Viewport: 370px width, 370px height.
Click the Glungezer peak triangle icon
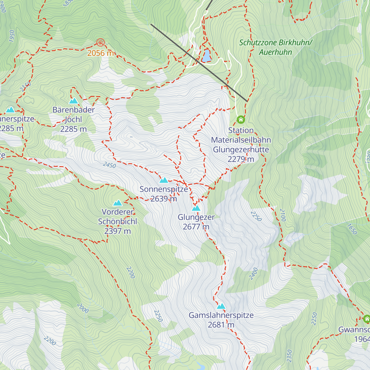coord(196,208)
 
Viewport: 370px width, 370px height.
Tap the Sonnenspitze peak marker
coord(164,180)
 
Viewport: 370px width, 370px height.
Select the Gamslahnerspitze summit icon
coord(221,306)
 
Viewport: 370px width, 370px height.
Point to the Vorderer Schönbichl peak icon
coord(118,203)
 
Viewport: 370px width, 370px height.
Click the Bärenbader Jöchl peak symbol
coord(73,101)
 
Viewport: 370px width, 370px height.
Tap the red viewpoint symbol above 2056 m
coord(100,43)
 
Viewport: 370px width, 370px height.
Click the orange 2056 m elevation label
coord(101,53)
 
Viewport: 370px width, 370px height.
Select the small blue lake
coord(206,56)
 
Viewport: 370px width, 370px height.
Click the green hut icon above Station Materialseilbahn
coord(241,119)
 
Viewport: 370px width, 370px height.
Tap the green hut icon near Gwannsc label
coord(367,319)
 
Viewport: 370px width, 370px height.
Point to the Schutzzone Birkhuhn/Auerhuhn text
coord(275,47)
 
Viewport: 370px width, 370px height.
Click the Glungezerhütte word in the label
coord(241,150)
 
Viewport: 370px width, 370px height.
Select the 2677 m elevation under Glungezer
coord(196,227)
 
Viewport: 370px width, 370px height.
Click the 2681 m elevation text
coord(221,325)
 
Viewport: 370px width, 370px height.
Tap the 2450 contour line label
coord(109,165)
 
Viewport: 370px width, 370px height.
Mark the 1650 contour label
coord(352,229)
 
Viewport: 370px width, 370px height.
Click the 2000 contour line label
coord(83,308)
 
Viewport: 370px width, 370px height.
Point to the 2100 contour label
coord(283,215)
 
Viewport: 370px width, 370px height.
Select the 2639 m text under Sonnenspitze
coord(164,199)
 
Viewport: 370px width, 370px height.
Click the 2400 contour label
coord(253,274)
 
